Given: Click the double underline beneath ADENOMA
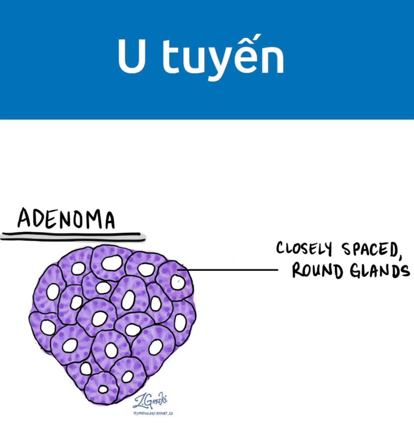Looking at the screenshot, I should pos(73,236).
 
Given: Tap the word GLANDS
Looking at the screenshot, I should pos(379,271).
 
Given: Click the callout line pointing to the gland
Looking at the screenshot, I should pos(229,270).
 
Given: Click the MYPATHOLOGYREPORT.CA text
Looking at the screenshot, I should pos(153,413).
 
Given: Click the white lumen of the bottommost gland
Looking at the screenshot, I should pos(103,389).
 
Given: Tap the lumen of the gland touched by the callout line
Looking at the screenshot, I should pos(177,283).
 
